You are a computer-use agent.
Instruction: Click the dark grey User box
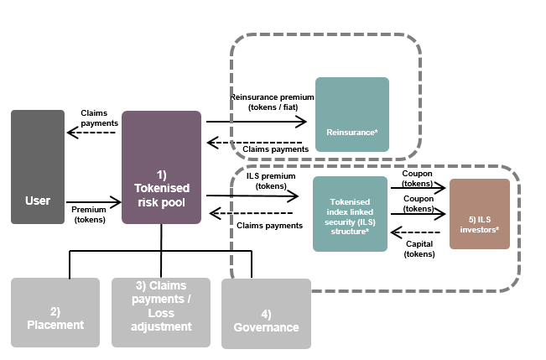click(37, 167)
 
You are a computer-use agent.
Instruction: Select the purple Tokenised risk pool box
click(161, 167)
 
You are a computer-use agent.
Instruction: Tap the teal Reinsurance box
click(351, 114)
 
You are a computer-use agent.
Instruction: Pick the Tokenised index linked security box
click(350, 214)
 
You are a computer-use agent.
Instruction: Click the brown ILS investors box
click(479, 213)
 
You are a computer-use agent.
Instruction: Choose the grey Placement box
click(55, 312)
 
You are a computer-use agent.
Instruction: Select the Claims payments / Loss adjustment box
click(161, 312)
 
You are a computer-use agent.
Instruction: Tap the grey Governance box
click(266, 313)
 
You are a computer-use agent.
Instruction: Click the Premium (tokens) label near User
click(89, 214)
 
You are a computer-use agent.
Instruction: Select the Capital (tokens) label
click(419, 248)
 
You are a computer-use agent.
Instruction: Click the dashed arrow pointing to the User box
click(92, 133)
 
